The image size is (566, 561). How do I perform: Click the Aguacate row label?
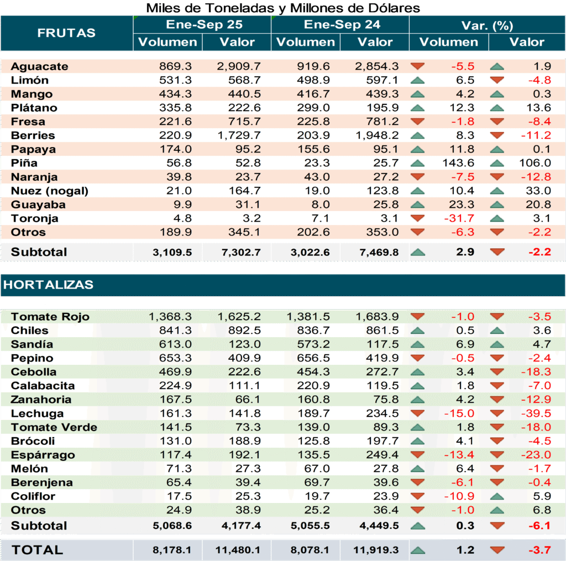coord(40,66)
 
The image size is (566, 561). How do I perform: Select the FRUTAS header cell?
coord(66,33)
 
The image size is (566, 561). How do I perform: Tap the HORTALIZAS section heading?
coord(49,285)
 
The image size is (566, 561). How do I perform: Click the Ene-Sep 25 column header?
coord(202,25)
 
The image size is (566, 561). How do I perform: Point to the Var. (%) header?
coord(487,25)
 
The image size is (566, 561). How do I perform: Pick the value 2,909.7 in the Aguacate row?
coord(239,66)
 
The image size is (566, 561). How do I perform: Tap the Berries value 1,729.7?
coord(239,135)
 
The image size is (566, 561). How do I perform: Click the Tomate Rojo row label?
coord(50,317)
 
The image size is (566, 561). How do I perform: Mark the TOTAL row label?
coord(38,550)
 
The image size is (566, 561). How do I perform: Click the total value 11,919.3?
coord(376,550)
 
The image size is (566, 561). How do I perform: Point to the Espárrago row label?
coord(43,455)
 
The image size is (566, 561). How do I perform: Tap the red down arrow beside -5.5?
coord(418,66)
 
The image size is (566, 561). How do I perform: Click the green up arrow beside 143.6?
coord(418,163)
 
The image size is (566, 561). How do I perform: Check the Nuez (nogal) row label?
coord(50,191)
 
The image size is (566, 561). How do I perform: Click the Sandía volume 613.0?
coord(176,344)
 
